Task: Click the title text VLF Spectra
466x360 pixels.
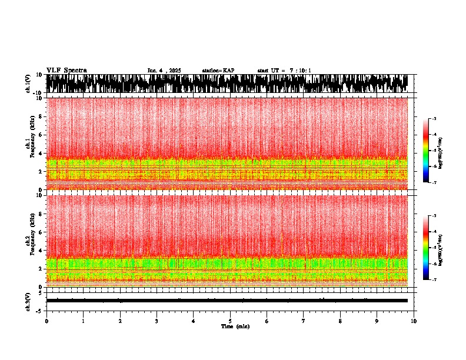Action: coord(66,71)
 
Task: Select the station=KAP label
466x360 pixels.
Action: coord(218,71)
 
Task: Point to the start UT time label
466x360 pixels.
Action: coord(284,71)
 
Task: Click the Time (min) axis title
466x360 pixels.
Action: coord(235,326)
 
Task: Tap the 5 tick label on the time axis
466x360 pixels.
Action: coord(230,321)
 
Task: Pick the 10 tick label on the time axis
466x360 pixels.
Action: coord(414,321)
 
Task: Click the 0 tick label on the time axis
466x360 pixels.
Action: coord(46,321)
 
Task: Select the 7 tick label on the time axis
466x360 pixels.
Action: coord(304,321)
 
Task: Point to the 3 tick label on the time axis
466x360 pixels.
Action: coord(157,321)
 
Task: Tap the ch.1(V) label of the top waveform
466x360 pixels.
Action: coord(28,84)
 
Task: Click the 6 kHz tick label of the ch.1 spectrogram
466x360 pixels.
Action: coord(41,135)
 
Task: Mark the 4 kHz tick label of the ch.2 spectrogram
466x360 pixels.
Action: coord(41,251)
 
